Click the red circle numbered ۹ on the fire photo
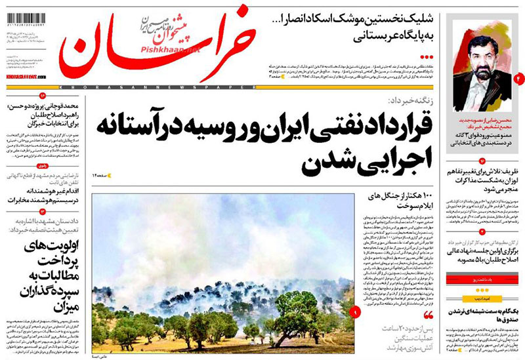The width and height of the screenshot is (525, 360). coord(355,313)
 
